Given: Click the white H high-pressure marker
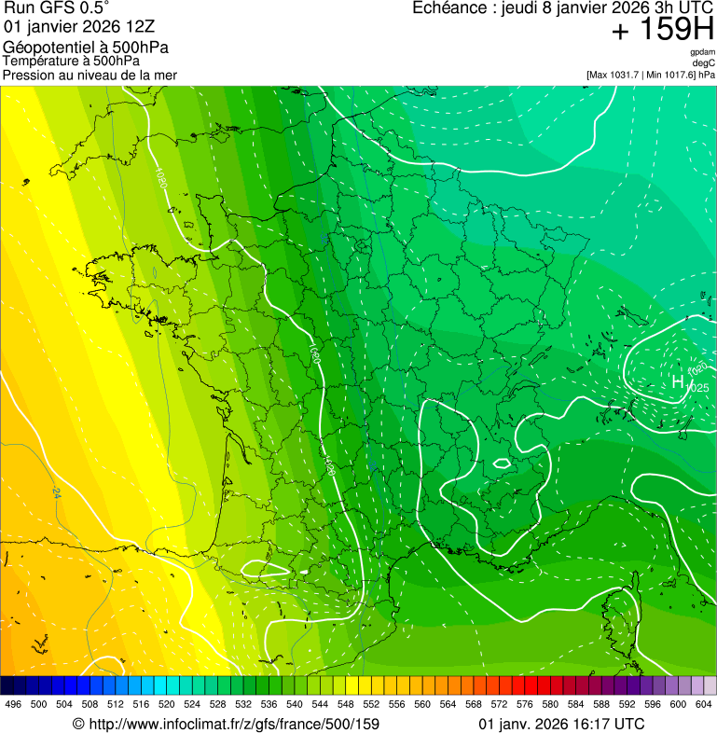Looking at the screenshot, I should (678, 381).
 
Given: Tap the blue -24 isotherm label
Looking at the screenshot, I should (56, 491).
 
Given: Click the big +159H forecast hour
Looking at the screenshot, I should (663, 30).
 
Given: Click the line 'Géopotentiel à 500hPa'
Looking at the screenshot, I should (86, 48).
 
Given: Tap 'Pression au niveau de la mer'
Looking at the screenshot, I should (90, 75).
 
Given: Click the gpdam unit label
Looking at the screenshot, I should (703, 52).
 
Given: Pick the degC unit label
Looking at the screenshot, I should (705, 62).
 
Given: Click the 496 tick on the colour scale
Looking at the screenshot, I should (13, 704).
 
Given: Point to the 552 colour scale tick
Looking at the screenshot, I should (371, 704).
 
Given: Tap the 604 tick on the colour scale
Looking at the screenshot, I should (704, 704).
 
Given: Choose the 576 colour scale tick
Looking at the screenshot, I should (525, 704).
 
